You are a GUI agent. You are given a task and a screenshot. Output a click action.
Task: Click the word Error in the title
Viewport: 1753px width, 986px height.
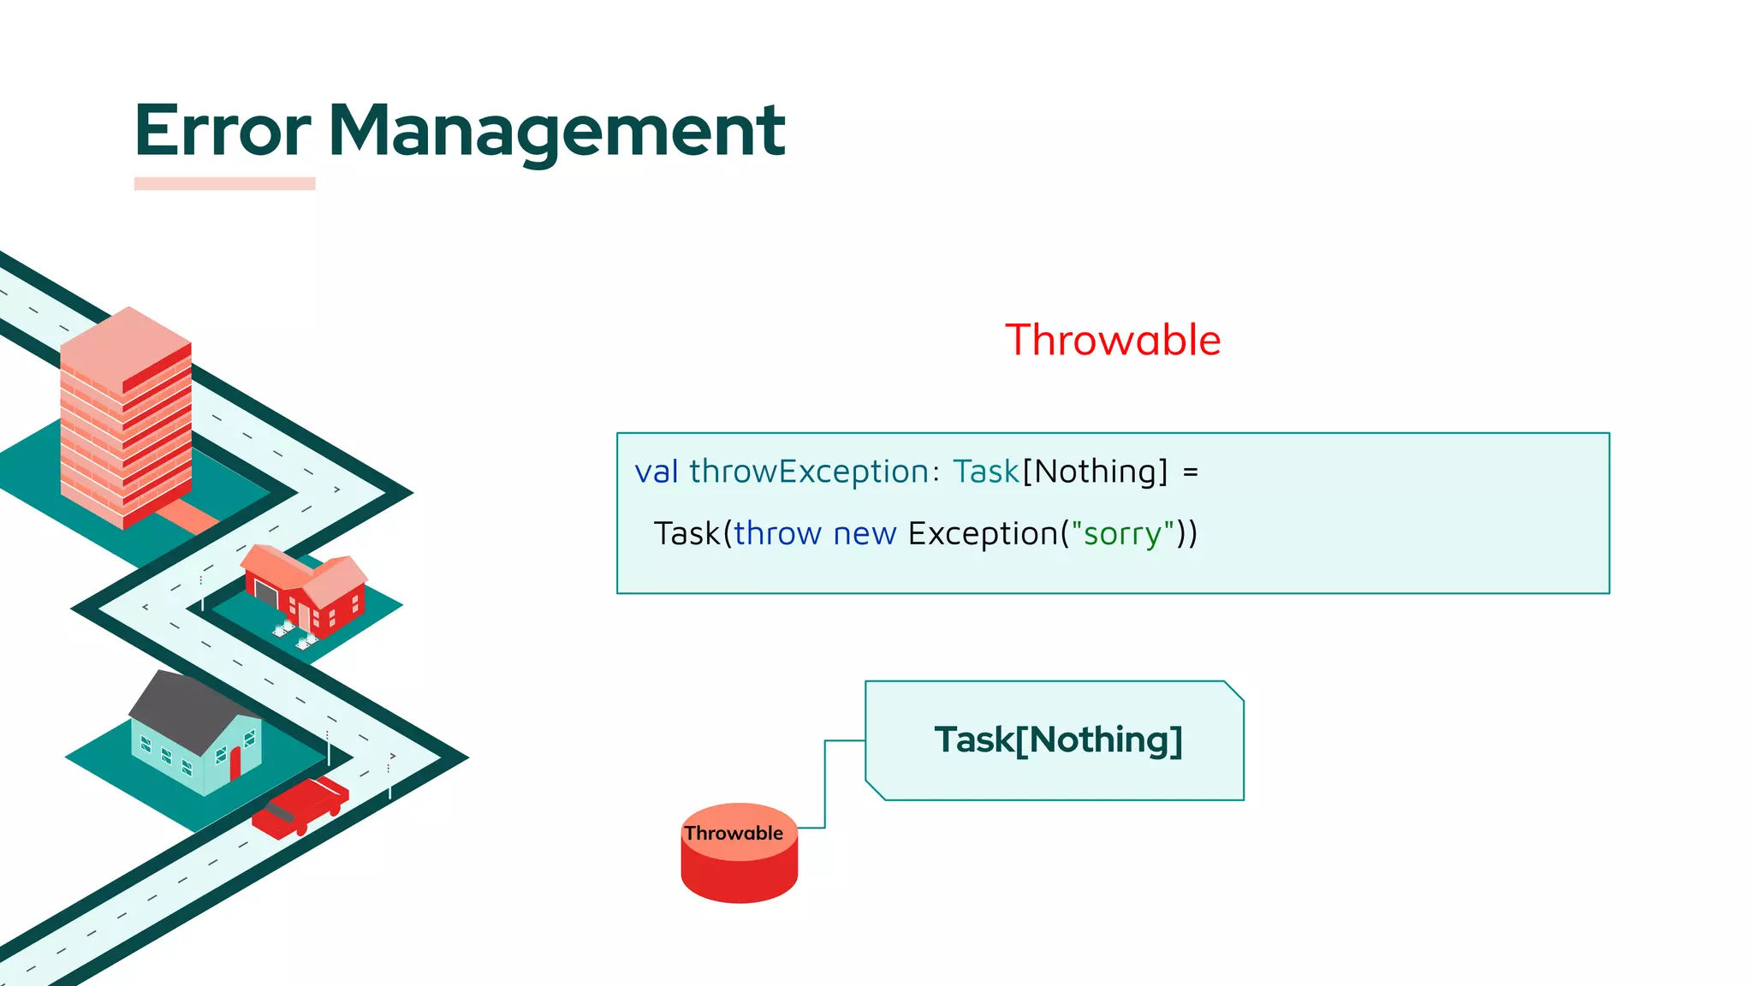[223, 130]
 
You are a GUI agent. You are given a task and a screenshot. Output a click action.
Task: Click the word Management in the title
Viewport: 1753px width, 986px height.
[556, 130]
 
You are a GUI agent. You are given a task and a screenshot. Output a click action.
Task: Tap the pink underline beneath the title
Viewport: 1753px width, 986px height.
[224, 183]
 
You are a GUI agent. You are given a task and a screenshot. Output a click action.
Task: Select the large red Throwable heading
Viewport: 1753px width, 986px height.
[1113, 340]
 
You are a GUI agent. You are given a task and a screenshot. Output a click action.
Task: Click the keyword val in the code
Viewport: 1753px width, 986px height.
[657, 472]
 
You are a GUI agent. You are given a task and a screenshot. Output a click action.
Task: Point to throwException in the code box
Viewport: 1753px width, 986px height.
[809, 472]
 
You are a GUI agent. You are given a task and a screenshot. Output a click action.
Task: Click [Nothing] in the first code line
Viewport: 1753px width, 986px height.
[1096, 472]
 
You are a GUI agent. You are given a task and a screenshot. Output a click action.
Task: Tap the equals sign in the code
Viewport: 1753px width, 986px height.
[1191, 472]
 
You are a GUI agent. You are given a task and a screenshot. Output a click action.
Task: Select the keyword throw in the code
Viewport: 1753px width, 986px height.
[777, 533]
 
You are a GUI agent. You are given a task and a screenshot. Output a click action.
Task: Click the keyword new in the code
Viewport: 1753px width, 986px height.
[865, 533]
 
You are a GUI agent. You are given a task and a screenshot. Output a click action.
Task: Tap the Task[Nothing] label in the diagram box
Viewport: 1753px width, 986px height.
[1058, 739]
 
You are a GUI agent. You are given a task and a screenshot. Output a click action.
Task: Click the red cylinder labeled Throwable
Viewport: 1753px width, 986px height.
[740, 864]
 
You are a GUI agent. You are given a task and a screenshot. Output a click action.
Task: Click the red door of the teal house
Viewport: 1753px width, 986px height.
[235, 763]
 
